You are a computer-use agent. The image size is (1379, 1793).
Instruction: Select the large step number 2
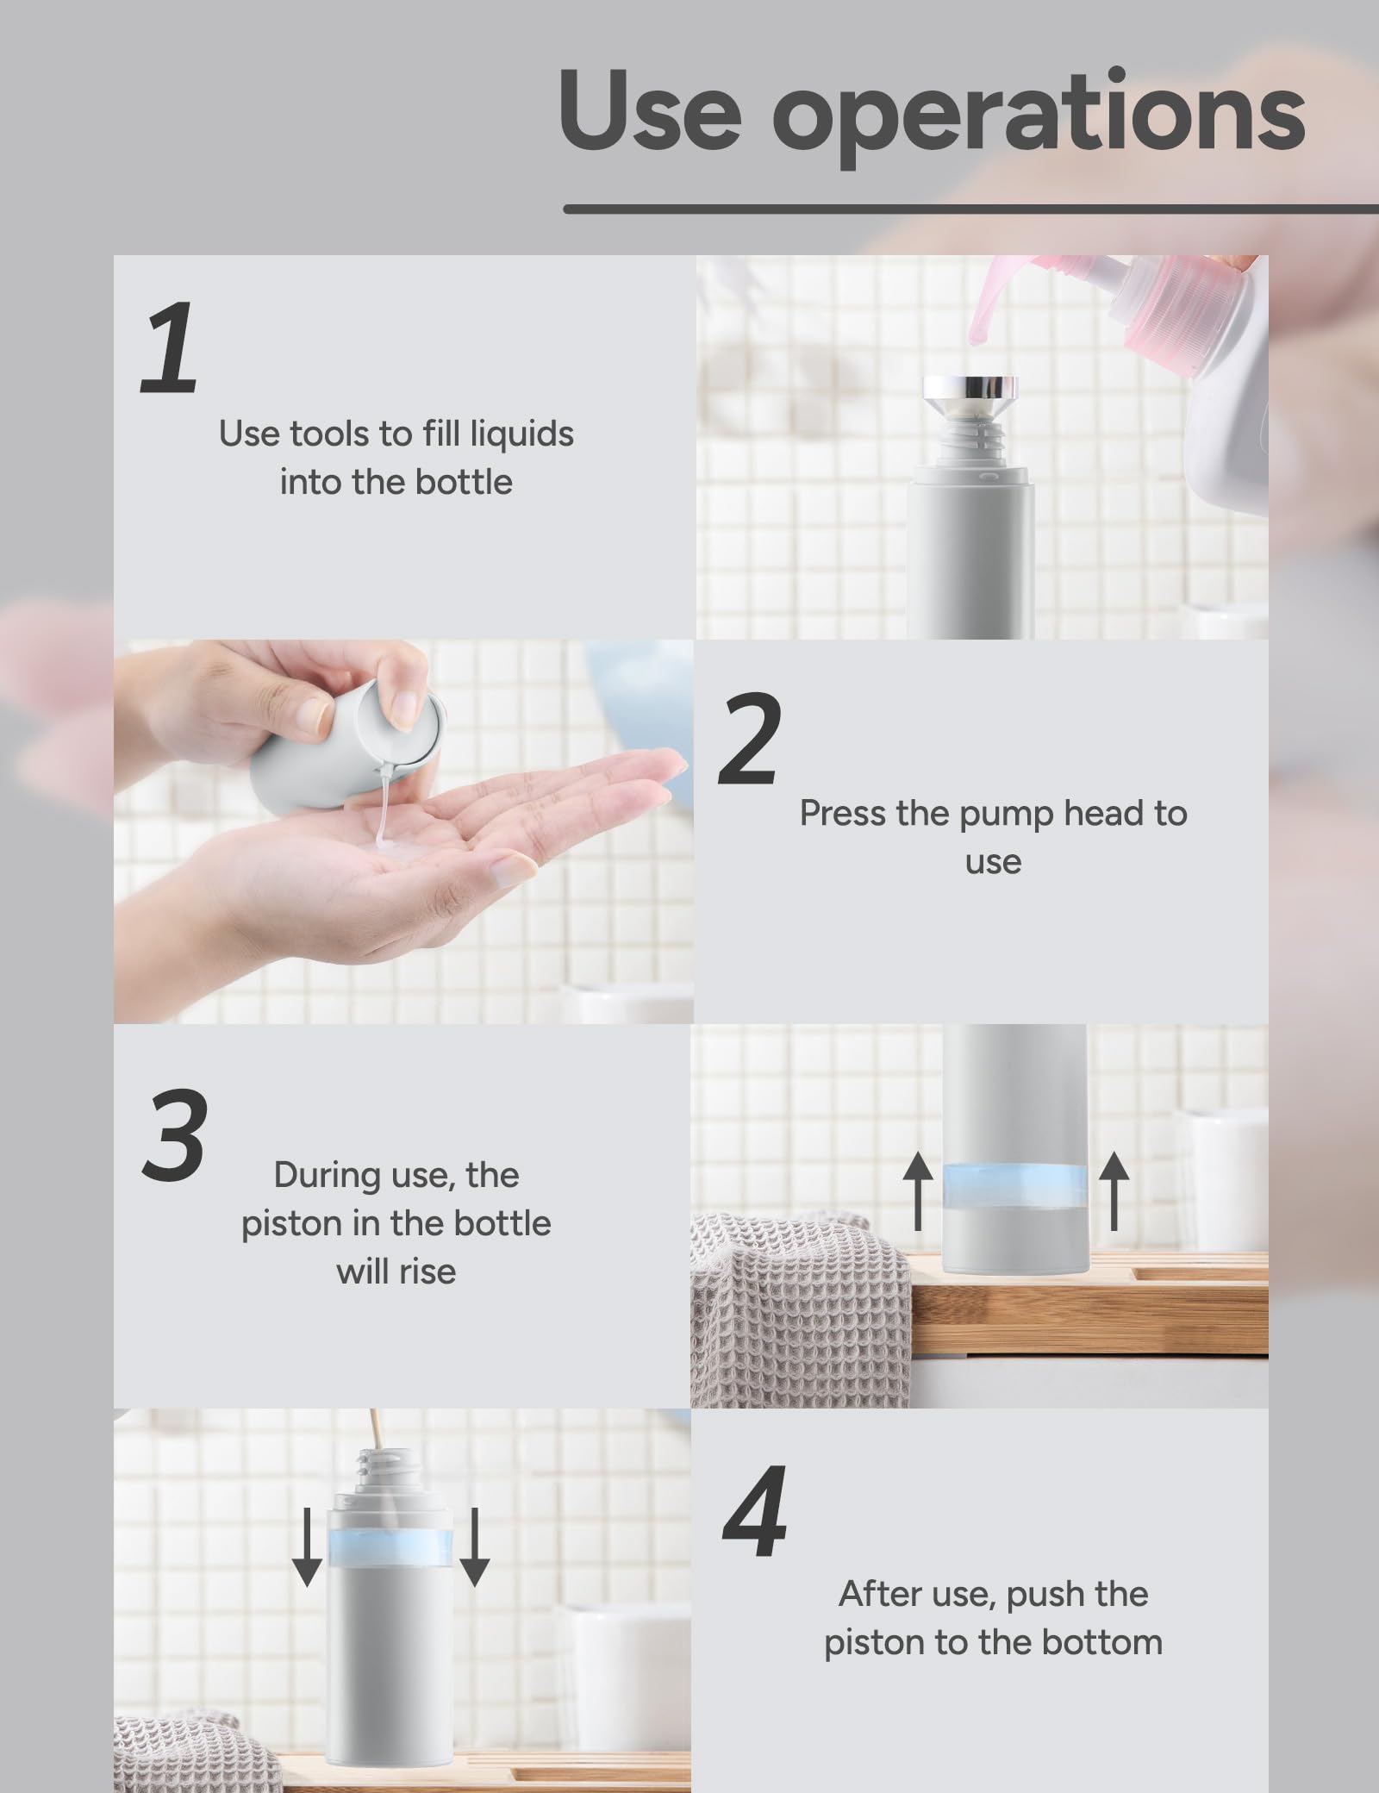click(x=750, y=740)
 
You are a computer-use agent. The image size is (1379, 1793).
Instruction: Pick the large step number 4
click(x=755, y=1513)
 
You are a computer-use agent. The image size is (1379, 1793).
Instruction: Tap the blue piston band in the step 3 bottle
click(x=1015, y=1184)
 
